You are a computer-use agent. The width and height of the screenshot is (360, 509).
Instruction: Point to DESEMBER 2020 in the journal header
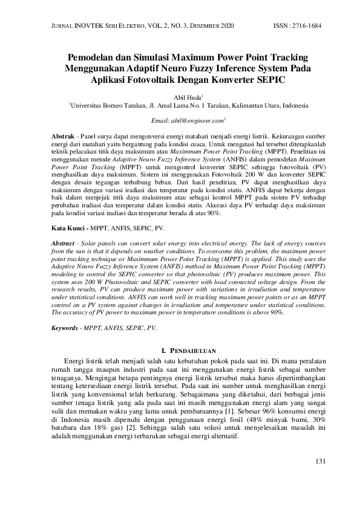212,26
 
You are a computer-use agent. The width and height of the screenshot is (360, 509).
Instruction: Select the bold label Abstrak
62,138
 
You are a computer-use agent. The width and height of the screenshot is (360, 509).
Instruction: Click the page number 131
321,461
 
